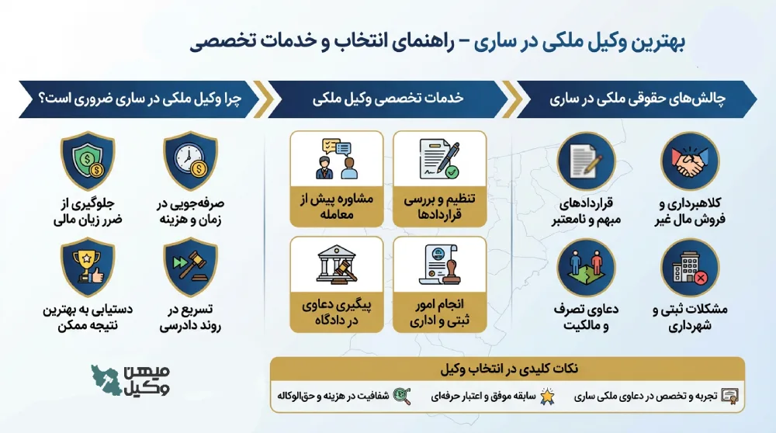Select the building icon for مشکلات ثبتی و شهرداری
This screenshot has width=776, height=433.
[x=688, y=268]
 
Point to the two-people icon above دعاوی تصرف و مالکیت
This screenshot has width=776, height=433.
[x=587, y=268]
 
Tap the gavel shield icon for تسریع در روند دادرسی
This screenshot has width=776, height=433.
[x=190, y=268]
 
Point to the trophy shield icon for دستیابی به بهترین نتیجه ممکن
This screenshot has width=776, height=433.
[x=88, y=268]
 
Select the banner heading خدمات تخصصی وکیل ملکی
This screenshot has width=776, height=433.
[x=388, y=99]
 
